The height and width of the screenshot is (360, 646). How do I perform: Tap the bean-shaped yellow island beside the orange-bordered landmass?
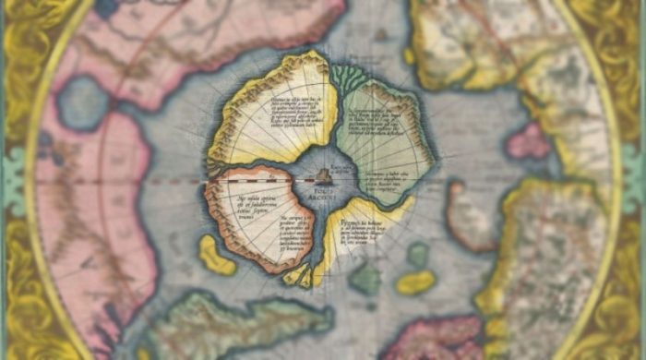click(x=218, y=255)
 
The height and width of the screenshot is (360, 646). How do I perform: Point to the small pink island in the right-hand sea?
click(x=529, y=141)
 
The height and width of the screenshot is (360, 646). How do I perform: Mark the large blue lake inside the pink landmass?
click(x=82, y=103)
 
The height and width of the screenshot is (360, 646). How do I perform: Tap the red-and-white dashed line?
click(x=175, y=181)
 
